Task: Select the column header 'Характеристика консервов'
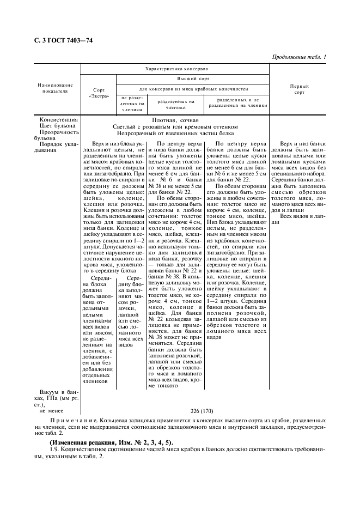tap(175, 69)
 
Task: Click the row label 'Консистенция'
tap(59, 119)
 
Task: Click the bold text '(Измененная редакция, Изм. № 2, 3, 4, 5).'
tap(111, 443)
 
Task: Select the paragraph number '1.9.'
tap(55, 450)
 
